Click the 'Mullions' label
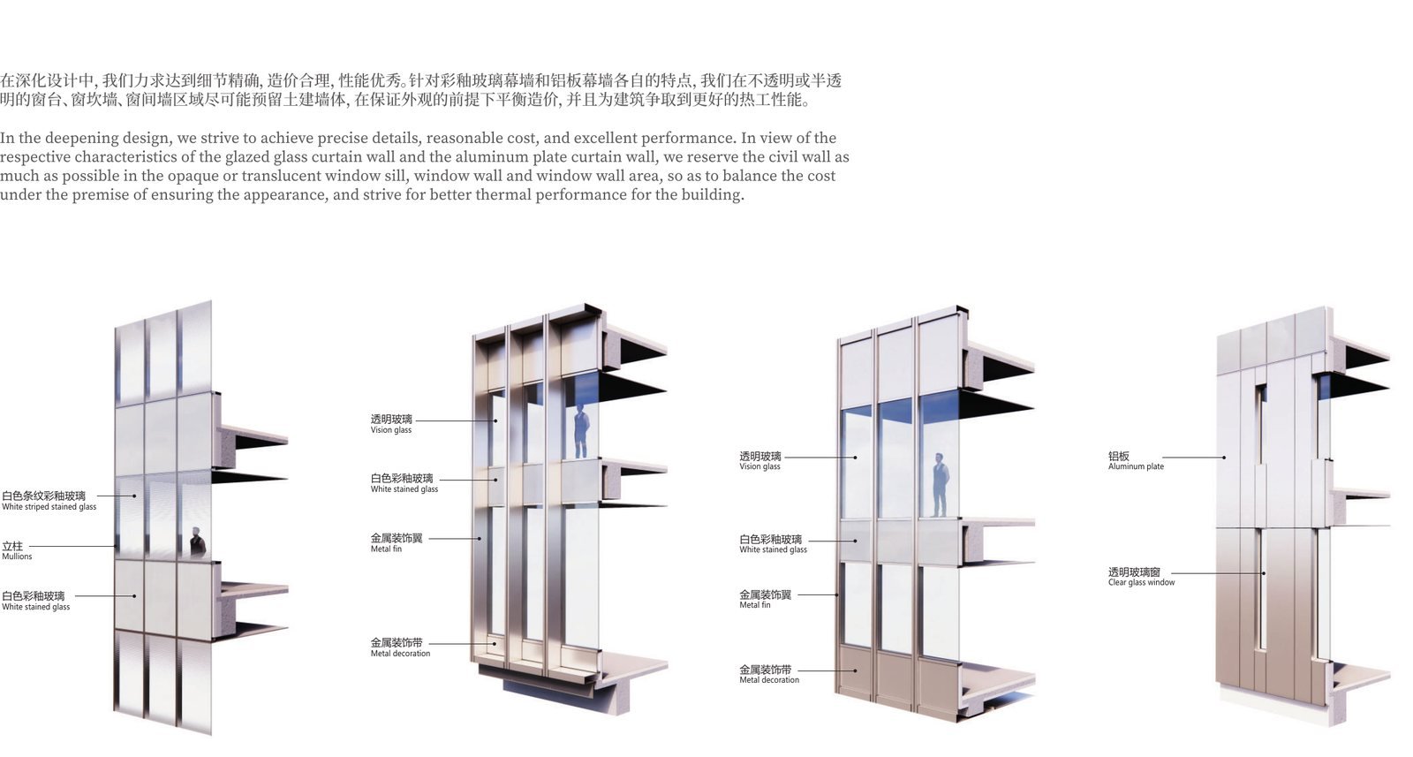pos(17,556)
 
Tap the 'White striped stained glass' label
pos(49,507)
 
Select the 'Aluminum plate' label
pos(1136,466)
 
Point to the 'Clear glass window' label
pos(1142,583)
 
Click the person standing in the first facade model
pos(198,542)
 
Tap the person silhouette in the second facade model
pos(581,431)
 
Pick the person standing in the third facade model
pos(940,485)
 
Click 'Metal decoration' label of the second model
pos(401,654)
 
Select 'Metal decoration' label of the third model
pos(769,680)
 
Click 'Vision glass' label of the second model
pos(391,430)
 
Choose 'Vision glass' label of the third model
pos(760,466)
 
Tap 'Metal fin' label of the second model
pos(386,549)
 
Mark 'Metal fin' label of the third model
pos(755,605)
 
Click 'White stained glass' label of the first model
pos(36,608)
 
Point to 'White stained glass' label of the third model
pos(774,550)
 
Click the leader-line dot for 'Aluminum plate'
pos(1224,458)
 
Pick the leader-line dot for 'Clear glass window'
pos(1264,573)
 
